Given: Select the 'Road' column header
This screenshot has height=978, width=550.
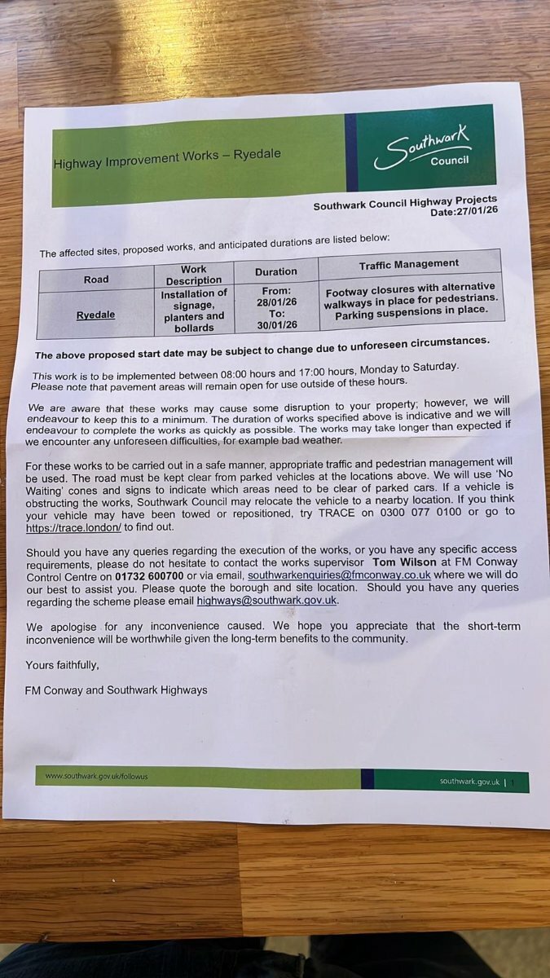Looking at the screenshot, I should [x=95, y=280].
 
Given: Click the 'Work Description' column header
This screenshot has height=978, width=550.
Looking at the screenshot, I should [x=193, y=275].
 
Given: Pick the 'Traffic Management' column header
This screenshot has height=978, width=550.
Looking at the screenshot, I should [x=409, y=264].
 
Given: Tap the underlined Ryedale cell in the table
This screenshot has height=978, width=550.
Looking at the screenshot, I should [x=95, y=315].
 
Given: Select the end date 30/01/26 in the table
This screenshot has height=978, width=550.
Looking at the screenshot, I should [x=276, y=325].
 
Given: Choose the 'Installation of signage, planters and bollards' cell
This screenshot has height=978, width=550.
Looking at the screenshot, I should [x=194, y=311].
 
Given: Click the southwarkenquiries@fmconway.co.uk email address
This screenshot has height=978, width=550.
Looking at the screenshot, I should [x=339, y=575].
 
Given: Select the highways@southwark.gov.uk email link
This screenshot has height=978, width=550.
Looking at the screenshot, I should [x=266, y=601].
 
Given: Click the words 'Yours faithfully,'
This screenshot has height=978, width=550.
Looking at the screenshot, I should [x=62, y=666].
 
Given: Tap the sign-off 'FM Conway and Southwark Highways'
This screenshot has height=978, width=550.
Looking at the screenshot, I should [x=116, y=690].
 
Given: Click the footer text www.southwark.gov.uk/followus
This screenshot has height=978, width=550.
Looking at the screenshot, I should [x=97, y=776].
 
